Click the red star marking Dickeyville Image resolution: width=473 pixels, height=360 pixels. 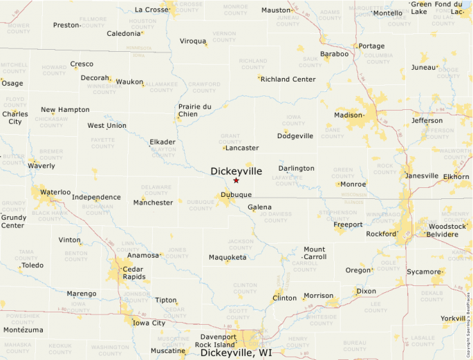point(236,180)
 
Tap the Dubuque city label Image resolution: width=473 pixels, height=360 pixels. point(236,194)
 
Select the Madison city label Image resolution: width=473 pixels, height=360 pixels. point(349,115)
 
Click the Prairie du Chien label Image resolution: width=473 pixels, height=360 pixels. point(194,110)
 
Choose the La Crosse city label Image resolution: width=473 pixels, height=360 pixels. point(151,10)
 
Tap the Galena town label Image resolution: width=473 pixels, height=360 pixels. point(259,207)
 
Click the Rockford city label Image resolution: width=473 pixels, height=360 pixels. point(382,234)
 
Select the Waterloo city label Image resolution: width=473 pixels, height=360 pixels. point(55,192)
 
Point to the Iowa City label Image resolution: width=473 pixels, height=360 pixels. point(149,323)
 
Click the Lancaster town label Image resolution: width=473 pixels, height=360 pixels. point(242,148)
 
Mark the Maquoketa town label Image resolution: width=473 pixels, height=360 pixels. point(228,258)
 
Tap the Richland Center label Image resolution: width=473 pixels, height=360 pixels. point(288,79)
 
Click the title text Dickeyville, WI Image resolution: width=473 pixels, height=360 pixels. point(236,352)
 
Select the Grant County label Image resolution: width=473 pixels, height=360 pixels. point(230,138)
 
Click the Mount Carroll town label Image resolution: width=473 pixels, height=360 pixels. point(315,253)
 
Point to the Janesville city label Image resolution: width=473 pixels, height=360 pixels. point(422,176)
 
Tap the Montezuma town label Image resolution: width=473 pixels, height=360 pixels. point(24,330)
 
